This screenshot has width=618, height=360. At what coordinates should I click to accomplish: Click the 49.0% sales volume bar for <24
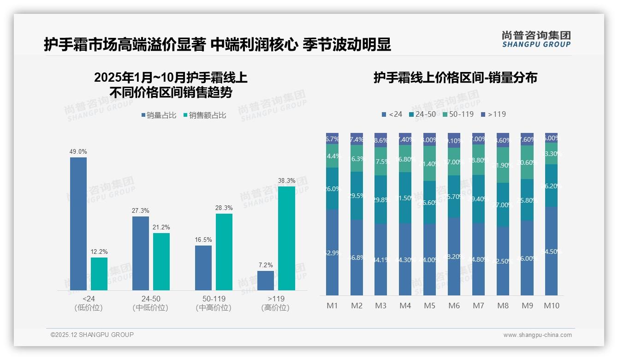click(78, 224)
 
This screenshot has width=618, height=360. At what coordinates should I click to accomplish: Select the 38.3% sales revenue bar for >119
click(286, 238)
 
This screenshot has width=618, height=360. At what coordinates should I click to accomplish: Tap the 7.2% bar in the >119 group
click(266, 281)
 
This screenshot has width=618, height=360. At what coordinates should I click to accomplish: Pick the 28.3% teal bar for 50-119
click(224, 252)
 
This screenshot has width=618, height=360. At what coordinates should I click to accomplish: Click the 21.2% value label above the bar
click(161, 227)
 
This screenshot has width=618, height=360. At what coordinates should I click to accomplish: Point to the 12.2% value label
click(99, 252)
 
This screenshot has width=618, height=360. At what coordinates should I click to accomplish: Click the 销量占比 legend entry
click(159, 115)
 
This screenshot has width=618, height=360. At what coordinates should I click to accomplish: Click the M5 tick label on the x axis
click(429, 306)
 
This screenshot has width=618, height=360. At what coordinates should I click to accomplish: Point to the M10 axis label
click(551, 306)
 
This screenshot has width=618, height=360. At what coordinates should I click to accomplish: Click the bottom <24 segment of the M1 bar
click(332, 252)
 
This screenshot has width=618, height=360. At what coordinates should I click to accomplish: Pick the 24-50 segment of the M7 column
click(478, 199)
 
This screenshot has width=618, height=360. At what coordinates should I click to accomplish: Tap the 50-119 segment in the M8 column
click(503, 165)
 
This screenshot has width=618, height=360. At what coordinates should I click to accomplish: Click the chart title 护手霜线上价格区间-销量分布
click(455, 78)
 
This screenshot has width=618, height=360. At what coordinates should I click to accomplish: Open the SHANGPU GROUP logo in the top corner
click(536, 39)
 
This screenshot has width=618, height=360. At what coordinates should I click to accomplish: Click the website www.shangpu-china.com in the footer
click(537, 335)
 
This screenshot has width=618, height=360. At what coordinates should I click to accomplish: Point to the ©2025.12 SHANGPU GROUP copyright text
click(92, 335)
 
